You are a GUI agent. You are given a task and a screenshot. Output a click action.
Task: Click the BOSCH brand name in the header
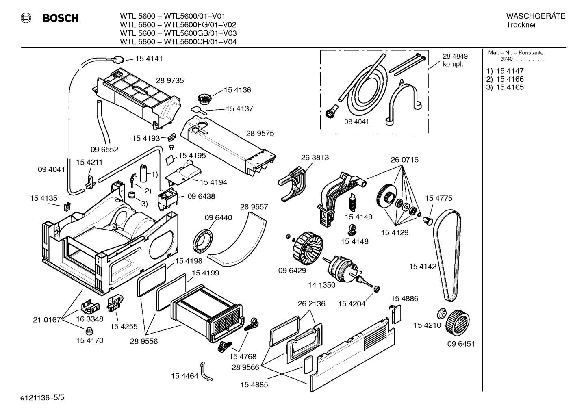coord(61,18)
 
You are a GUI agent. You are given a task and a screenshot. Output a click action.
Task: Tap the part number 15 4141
coord(149,59)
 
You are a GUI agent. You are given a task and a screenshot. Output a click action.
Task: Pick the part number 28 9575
coord(260,133)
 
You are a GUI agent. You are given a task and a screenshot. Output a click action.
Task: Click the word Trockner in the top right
coord(521,25)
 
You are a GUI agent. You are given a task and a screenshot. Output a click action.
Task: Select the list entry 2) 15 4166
coord(505,79)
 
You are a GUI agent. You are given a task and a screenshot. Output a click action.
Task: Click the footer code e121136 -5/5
coord(42,398)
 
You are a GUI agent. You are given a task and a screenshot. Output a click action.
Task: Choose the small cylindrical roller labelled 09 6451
coord(457,323)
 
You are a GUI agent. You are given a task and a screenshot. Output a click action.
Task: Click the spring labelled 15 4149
coord(353,202)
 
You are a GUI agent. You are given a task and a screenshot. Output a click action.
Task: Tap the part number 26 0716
coord(404,160)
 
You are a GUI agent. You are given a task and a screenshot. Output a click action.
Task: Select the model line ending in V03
coord(178,33)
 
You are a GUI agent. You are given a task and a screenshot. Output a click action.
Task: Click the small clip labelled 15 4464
coord(206,372)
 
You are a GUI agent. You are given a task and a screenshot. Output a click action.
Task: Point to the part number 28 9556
coord(144,341)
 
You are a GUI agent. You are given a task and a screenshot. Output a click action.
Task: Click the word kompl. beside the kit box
coord(453,64)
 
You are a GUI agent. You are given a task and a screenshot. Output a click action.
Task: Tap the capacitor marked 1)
coord(143,173)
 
